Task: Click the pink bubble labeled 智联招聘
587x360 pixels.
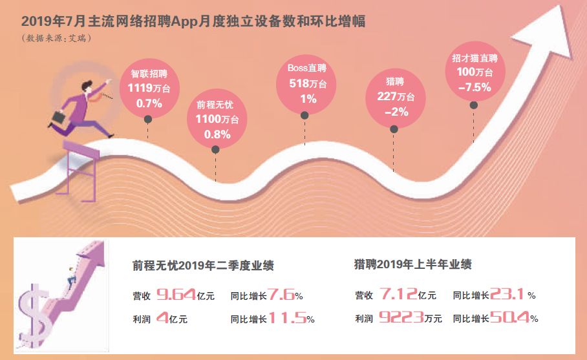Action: tap(148, 88)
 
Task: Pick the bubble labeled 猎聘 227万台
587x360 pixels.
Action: tap(395, 97)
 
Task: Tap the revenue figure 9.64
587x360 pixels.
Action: tap(176, 296)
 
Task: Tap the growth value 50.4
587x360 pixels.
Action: tap(509, 317)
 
